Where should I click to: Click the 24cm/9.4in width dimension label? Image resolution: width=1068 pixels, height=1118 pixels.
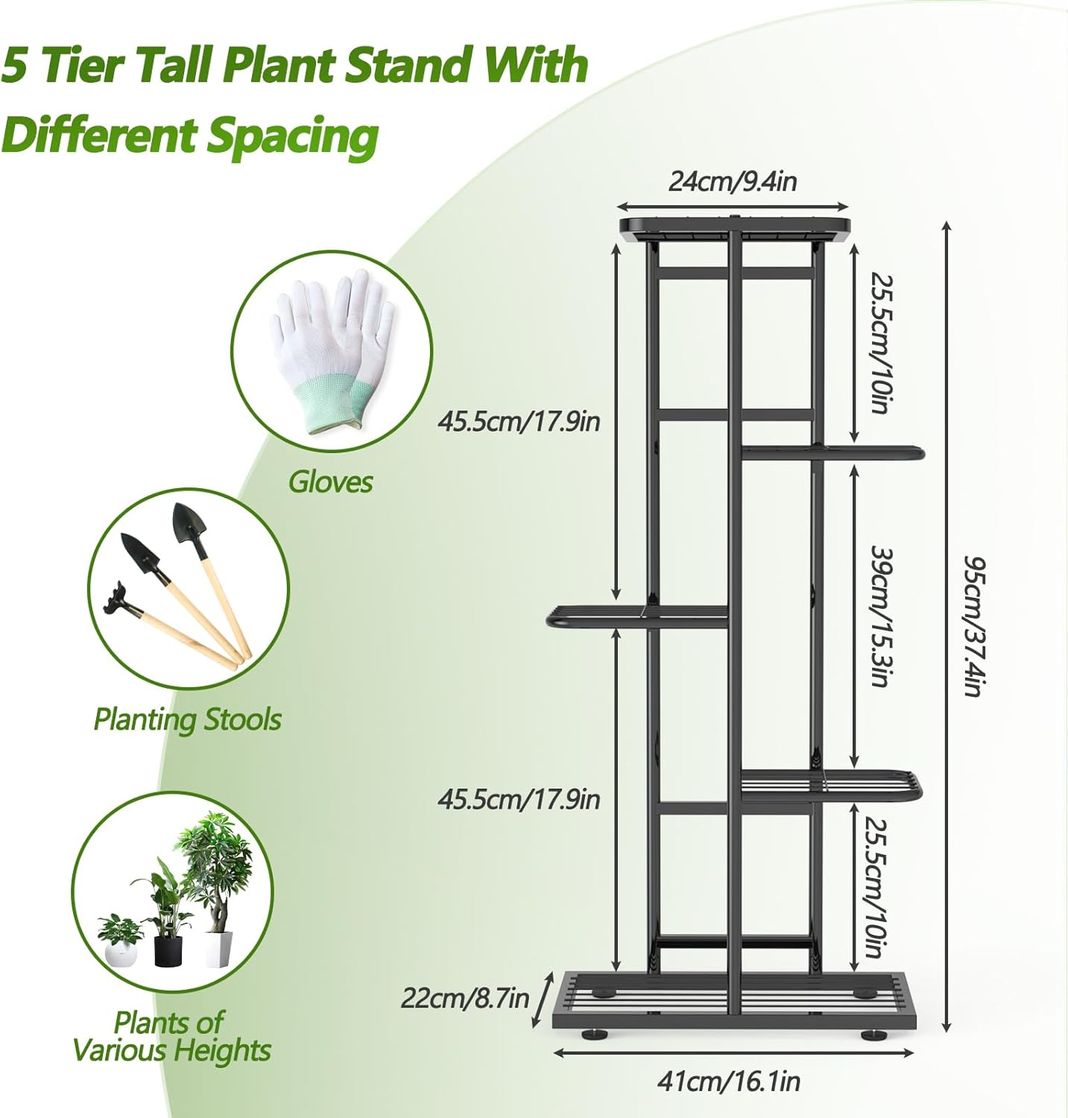pyautogui.click(x=733, y=181)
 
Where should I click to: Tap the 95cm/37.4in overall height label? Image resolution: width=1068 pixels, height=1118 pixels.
pyautogui.click(x=974, y=626)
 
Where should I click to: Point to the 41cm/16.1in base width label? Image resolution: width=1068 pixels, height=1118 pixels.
pyautogui.click(x=728, y=1081)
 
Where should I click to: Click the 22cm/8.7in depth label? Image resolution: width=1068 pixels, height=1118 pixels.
pyautogui.click(x=465, y=997)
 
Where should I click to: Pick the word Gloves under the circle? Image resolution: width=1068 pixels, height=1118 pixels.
pyautogui.click(x=330, y=482)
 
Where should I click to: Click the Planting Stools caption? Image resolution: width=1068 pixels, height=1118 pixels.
pyautogui.click(x=187, y=719)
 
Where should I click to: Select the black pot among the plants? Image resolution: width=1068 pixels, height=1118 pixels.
pyautogui.click(x=168, y=951)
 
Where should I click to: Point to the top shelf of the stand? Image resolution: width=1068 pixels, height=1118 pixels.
pyautogui.click(x=734, y=227)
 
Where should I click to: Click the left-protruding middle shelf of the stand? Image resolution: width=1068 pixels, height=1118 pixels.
pyautogui.click(x=637, y=616)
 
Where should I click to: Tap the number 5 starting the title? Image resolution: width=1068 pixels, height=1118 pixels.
pyautogui.click(x=15, y=65)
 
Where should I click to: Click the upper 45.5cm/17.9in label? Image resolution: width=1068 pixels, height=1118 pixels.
pyautogui.click(x=518, y=421)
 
